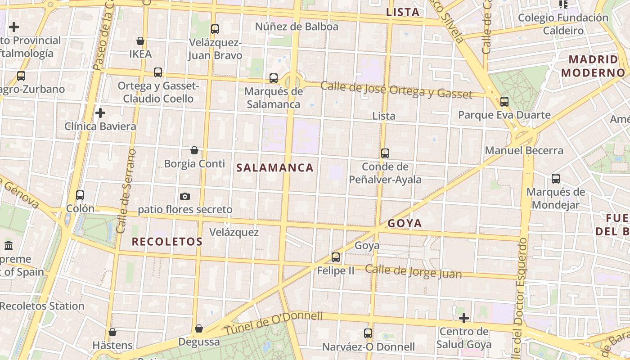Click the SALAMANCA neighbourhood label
click(275, 168)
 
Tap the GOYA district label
click(405, 223)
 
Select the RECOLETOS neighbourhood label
click(167, 242)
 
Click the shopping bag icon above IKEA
click(140, 41)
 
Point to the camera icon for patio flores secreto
click(184, 196)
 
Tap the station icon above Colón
click(80, 195)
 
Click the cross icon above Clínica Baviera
click(100, 112)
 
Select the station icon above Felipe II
click(336, 257)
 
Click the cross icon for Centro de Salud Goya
click(463, 318)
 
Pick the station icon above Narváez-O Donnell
click(368, 333)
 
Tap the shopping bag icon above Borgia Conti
click(194, 150)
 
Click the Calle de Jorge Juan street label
click(413, 271)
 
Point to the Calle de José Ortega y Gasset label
click(396, 90)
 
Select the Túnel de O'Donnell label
click(274, 323)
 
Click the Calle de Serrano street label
click(126, 191)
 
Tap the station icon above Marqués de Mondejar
click(556, 179)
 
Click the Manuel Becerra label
click(524, 150)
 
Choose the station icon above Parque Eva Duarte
click(504, 101)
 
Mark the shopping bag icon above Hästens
click(112, 332)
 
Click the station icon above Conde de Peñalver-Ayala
click(385, 153)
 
